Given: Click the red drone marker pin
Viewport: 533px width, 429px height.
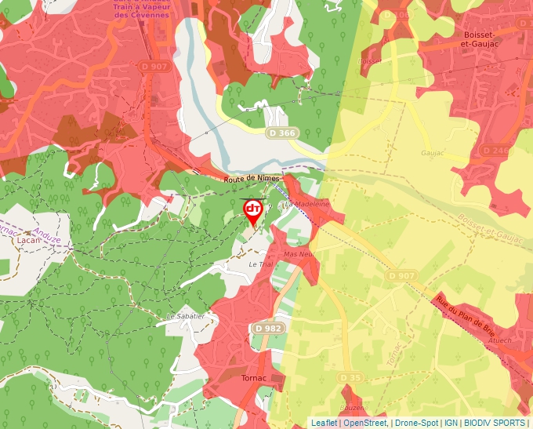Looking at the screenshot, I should coord(252,210).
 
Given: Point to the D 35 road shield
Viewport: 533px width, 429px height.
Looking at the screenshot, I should coord(350,379).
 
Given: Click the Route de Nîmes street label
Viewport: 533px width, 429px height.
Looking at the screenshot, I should coord(252,180).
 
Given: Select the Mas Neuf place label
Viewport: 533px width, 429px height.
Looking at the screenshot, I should coord(299,255).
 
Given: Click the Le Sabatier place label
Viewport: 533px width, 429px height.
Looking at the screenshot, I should coord(185,316).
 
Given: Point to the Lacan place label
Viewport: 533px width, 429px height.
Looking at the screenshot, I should coord(27,242).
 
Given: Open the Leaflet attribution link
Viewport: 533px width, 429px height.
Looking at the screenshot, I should coord(324,423).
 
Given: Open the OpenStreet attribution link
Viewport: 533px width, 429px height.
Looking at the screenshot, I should coord(365,423).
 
